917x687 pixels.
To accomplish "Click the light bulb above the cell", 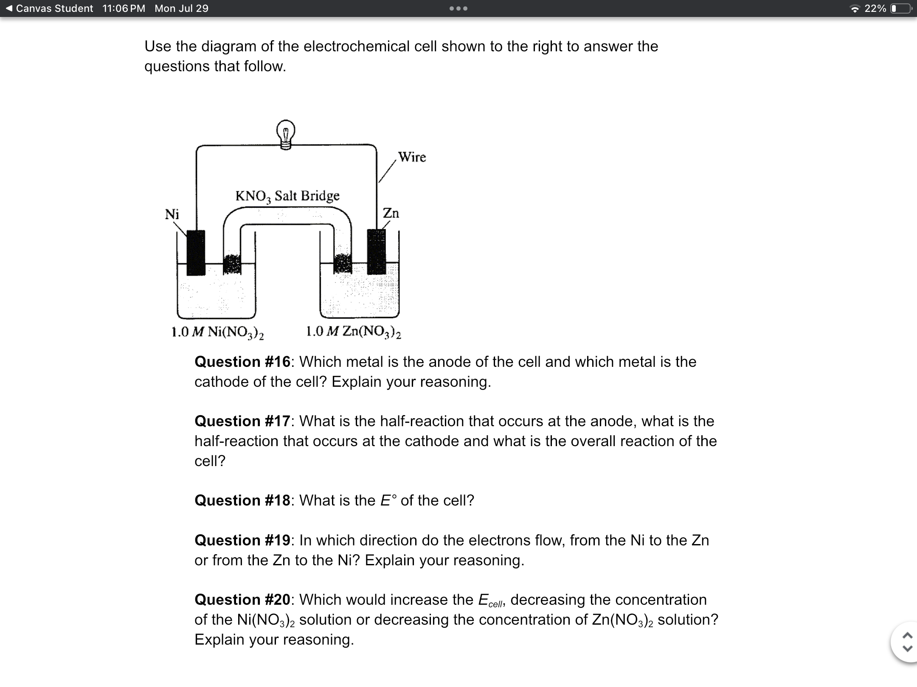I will (x=286, y=134).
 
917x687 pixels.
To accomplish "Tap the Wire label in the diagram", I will (x=412, y=157).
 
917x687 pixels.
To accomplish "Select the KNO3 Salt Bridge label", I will (x=287, y=196).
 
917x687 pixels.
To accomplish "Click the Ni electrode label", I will (x=172, y=214).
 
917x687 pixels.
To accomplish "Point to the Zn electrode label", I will (x=391, y=213).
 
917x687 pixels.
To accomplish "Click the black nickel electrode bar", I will (x=196, y=253).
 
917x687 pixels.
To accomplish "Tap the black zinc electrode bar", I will (x=376, y=252).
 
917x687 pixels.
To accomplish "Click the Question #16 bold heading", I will (x=242, y=362).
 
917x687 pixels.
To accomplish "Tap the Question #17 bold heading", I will (x=242, y=421).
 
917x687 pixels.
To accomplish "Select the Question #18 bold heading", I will (x=242, y=500).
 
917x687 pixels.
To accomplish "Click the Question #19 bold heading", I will (x=242, y=540).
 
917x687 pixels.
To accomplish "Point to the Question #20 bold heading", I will (x=242, y=600).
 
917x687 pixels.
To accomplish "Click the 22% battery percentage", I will (x=875, y=8).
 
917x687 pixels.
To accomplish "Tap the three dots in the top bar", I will (x=459, y=8).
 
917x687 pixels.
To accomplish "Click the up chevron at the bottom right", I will (x=907, y=635).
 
